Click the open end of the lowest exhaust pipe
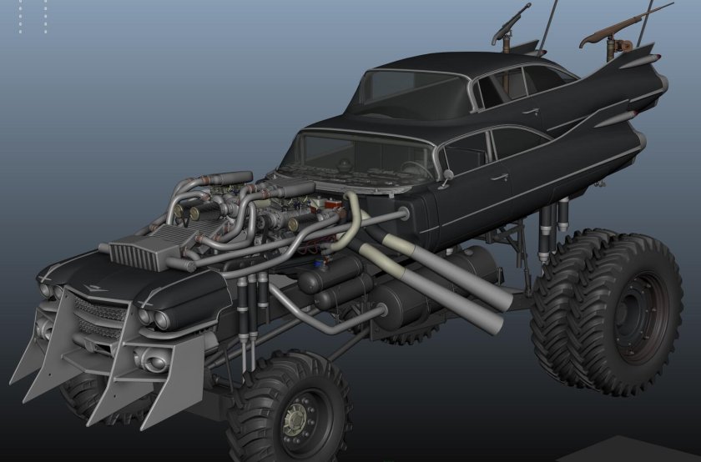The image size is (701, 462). [x=492, y=321]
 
